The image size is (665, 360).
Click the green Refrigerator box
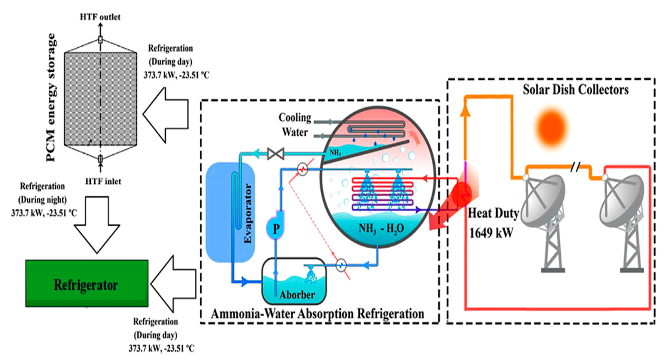point(87,283)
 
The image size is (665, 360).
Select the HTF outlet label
point(100,17)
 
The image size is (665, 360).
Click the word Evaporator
point(248,213)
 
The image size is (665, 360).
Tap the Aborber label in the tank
point(297,295)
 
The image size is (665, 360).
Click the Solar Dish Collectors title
point(576,90)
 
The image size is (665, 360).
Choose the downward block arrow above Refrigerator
point(97,225)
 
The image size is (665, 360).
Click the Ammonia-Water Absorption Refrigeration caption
point(318,314)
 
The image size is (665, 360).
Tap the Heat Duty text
point(493,214)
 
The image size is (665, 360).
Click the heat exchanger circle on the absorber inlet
point(341,265)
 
